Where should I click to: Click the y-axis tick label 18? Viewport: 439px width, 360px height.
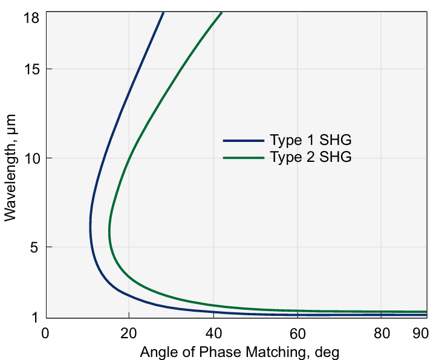tap(32, 18)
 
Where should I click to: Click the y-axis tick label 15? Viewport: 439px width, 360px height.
tap(32, 69)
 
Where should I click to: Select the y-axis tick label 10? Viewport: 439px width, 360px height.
tap(32, 158)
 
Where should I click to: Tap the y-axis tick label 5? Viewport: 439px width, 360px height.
tap(36, 247)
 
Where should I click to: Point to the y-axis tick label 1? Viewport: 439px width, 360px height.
tap(36, 317)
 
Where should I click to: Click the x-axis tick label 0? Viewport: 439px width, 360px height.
tap(45, 333)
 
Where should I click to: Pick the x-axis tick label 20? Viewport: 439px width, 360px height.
tap(129, 333)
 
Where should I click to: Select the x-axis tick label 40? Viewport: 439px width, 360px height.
tap(213, 333)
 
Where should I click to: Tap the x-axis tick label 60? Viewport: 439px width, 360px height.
tap(297, 333)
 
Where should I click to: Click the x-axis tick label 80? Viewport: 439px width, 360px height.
tap(381, 333)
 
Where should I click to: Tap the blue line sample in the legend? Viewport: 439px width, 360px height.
tap(244, 141)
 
